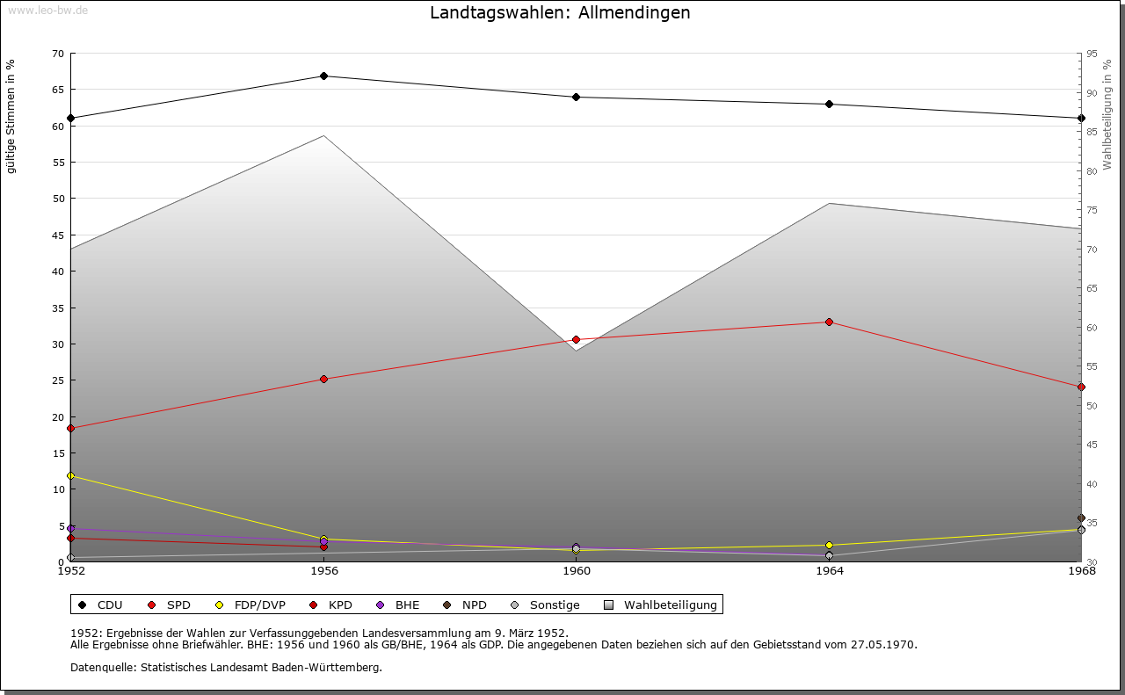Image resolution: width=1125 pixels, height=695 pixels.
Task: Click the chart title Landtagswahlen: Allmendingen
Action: click(560, 13)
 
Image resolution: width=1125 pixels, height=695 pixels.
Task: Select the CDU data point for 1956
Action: click(323, 76)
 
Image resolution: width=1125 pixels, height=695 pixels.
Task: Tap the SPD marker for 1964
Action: click(829, 322)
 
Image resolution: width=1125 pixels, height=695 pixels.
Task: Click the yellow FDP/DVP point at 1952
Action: click(71, 475)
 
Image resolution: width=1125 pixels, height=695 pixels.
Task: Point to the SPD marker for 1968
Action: click(1081, 387)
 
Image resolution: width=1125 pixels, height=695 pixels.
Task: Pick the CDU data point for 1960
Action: click(576, 98)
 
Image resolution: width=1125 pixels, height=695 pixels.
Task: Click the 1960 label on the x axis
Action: click(576, 571)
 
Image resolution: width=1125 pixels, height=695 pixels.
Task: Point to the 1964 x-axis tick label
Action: click(829, 571)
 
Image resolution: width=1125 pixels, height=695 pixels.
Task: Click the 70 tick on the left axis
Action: click(58, 54)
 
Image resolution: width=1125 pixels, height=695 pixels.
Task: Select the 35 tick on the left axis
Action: click(58, 308)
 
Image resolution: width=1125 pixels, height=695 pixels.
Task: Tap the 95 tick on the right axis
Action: click(1092, 54)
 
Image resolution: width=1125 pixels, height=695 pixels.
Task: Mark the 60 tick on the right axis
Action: click(1092, 328)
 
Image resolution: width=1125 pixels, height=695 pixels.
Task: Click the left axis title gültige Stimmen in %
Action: click(11, 116)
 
